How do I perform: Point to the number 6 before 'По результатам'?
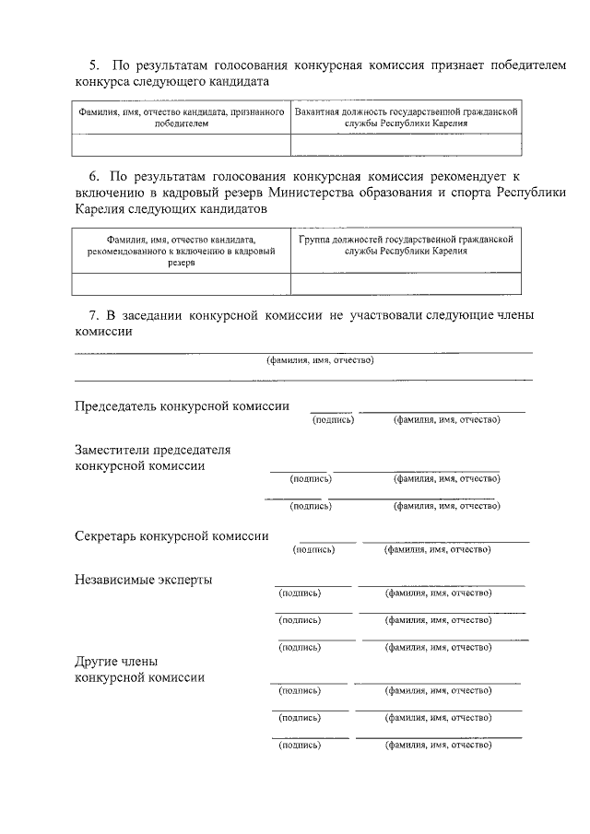[92, 175]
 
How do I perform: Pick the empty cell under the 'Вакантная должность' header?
[405, 145]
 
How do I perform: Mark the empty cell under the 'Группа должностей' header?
[405, 284]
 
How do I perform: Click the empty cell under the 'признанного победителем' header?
[181, 145]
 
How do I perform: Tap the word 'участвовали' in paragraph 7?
[385, 315]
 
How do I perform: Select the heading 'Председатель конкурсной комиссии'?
[182, 405]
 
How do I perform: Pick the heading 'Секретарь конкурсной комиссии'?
[171, 535]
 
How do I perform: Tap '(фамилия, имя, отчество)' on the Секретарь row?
[437, 550]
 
